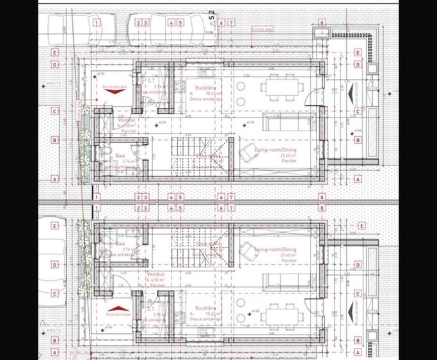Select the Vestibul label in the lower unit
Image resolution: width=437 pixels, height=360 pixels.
[157, 274]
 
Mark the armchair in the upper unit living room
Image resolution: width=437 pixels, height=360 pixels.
[247, 152]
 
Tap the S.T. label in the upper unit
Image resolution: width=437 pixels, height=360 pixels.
[152, 82]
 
